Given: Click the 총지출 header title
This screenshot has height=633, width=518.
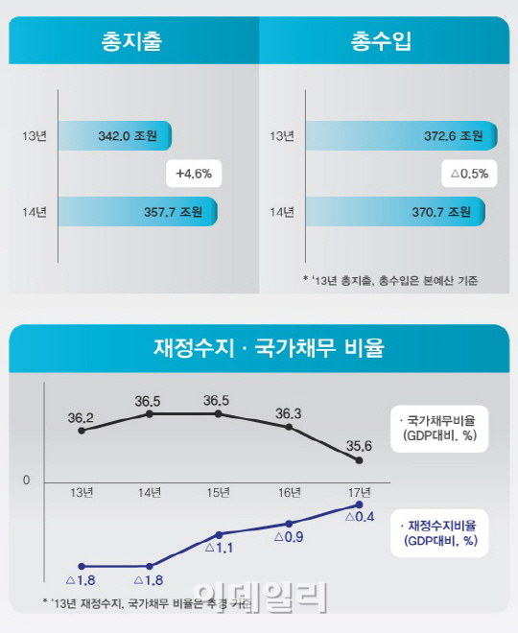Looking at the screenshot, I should (x=131, y=42).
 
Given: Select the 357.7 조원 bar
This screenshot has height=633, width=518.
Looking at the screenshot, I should (x=138, y=210).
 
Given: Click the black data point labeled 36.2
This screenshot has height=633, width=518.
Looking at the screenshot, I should (x=81, y=431).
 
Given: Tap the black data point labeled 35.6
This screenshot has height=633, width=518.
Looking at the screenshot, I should (x=359, y=461).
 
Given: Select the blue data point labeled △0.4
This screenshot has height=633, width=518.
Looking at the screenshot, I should (x=359, y=504).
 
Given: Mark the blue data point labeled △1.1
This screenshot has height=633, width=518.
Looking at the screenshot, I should (x=220, y=534).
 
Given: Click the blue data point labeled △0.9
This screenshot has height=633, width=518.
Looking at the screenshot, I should (x=289, y=524).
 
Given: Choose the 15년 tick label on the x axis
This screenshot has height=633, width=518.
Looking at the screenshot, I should (x=219, y=493).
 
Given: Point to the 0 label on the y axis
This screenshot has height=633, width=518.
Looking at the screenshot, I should (x=27, y=480).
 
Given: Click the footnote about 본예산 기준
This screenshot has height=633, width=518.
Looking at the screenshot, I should (x=389, y=280).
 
